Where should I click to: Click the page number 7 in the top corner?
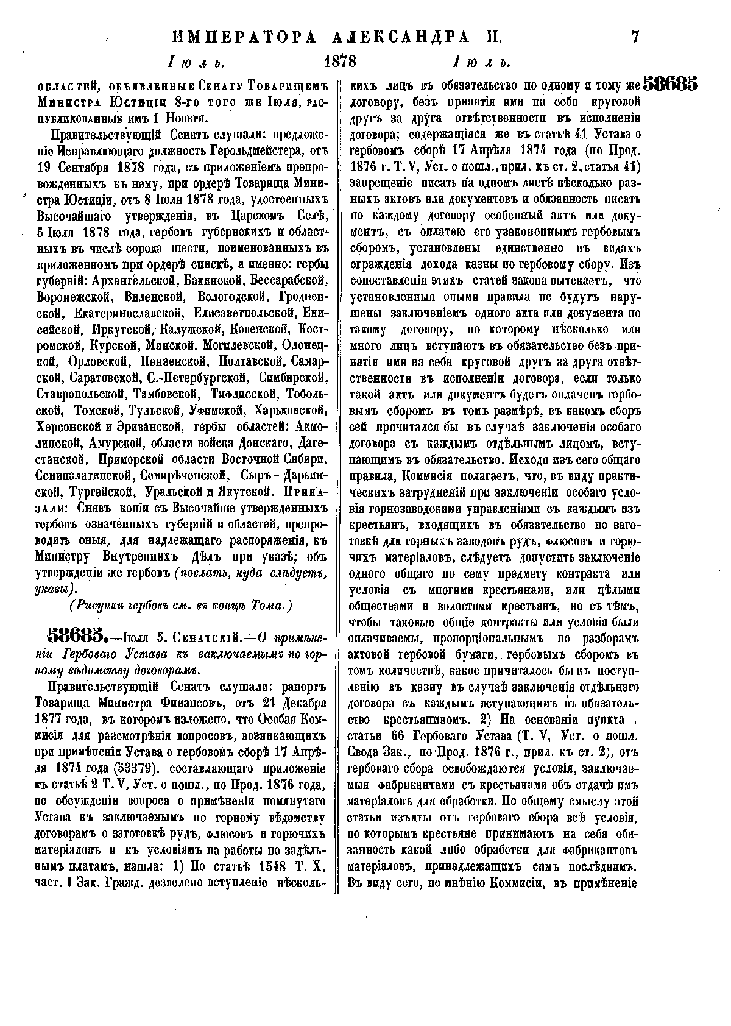coord(635,37)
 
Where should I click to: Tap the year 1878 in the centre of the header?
coord(341,62)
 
